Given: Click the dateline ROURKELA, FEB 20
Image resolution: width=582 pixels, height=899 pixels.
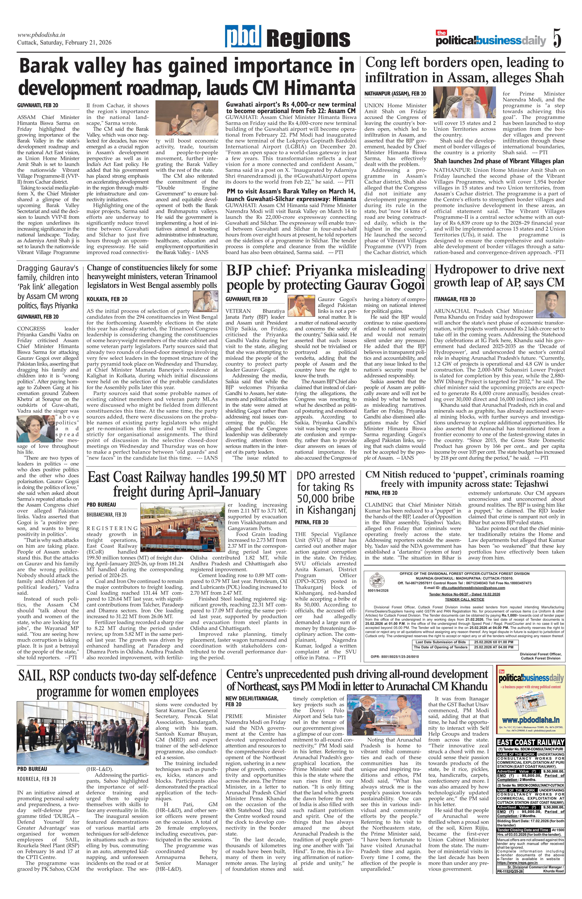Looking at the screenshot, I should tap(37, 768).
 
